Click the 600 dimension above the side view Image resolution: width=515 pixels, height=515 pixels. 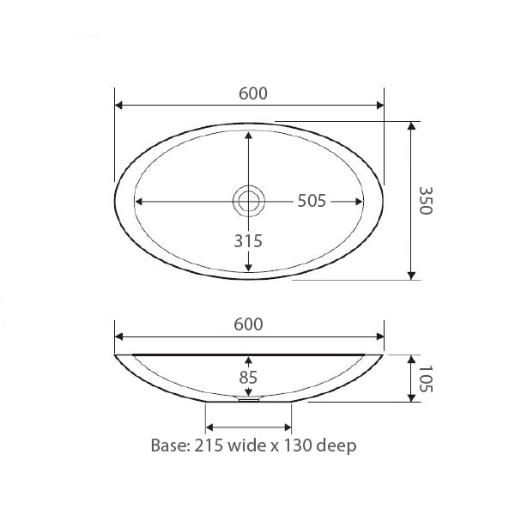click(248, 324)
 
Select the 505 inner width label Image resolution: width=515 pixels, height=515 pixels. click(311, 201)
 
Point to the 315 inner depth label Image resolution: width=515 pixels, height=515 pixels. click(248, 241)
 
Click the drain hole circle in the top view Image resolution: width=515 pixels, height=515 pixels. click(249, 201)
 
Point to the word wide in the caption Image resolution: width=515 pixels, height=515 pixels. click(252, 445)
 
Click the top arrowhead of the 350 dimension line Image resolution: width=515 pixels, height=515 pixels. click(413, 125)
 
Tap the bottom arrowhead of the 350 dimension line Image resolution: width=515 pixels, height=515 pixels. click(413, 275)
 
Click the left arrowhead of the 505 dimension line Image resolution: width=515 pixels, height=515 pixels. click(139, 201)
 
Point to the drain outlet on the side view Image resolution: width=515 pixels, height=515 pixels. click(247, 398)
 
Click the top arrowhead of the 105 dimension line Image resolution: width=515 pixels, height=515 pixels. click(413, 359)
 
